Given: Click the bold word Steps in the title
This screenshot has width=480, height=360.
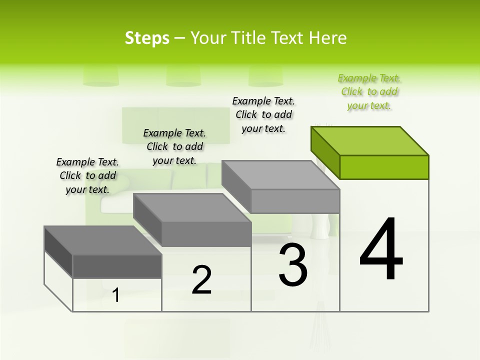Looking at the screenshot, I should (x=147, y=38).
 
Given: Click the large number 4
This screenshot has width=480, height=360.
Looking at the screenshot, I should (x=381, y=249).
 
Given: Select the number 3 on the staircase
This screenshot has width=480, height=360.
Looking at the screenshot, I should (x=293, y=265).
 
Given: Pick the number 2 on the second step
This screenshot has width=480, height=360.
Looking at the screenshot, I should (x=201, y=280).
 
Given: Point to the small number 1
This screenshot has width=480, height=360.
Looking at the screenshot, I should (x=116, y=295).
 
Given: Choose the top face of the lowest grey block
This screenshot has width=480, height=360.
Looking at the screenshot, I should (x=103, y=240).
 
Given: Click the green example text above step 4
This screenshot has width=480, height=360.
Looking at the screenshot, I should (x=369, y=91).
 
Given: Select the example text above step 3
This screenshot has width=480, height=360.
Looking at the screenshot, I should (x=263, y=114).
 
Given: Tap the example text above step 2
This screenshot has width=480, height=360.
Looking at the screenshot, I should (x=174, y=146).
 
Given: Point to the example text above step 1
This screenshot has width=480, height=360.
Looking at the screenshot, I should (x=87, y=175).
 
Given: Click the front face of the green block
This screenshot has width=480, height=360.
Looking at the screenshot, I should (x=384, y=167).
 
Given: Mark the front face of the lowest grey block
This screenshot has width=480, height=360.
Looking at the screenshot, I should (x=117, y=266).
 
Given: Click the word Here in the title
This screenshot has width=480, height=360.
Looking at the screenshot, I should (x=328, y=38).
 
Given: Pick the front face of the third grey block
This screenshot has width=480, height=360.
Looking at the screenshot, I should (x=295, y=201).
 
